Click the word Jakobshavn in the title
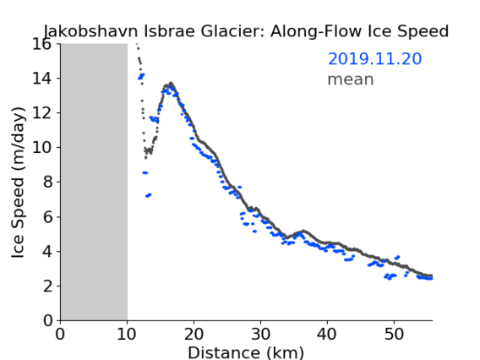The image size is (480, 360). pos(90,31)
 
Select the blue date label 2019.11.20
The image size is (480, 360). pos(374,59)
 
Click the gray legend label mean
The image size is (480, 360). pos(351,79)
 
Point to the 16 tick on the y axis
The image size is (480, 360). pos(42,44)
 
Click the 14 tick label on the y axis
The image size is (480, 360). pos(42,79)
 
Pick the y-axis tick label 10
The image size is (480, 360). pos(42,148)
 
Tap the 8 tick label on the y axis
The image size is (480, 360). pos(47,183)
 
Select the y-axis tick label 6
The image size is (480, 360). pos(47,217)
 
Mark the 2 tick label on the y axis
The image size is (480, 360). pos(47,286)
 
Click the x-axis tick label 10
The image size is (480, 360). pos(127,334)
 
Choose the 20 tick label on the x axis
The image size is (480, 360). pos(194,334)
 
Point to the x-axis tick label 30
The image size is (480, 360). pos(260,334)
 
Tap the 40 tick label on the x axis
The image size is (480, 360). pos(327,334)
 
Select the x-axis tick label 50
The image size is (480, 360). pos(394,334)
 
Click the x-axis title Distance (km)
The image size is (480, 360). pos(246,352)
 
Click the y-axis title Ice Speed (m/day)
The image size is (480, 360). pos(18,183)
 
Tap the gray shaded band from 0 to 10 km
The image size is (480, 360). pos(94,182)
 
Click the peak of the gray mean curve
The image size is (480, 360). pos(171,83)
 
